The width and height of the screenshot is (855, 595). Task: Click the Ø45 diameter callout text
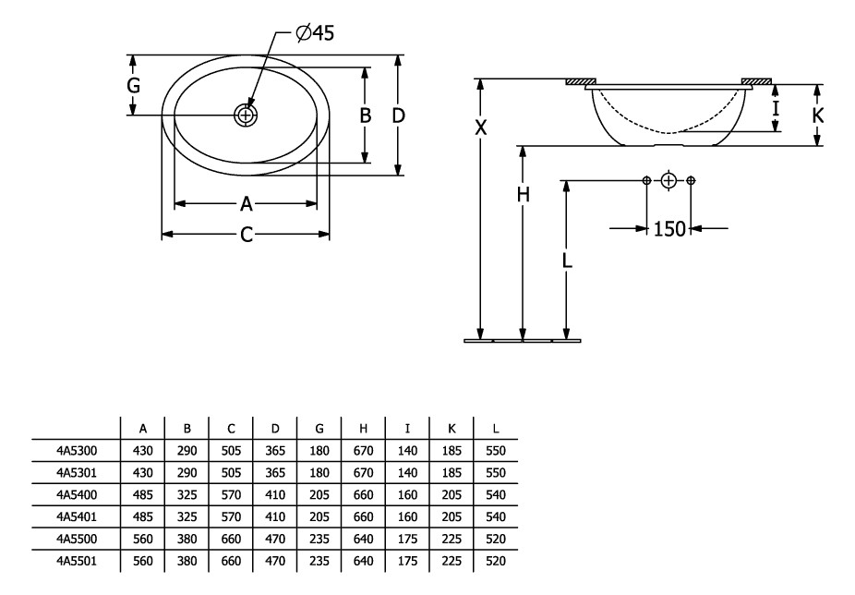pyautogui.click(x=315, y=33)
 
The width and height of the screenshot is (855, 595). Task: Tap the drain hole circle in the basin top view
pyautogui.click(x=247, y=115)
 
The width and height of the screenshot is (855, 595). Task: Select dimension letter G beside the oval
pyautogui.click(x=134, y=86)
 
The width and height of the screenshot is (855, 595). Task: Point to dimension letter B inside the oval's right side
pyautogui.click(x=366, y=115)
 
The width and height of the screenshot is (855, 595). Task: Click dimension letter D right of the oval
pyautogui.click(x=398, y=115)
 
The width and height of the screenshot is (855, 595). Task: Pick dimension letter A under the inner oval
pyautogui.click(x=247, y=203)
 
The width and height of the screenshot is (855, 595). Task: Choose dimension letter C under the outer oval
pyautogui.click(x=247, y=235)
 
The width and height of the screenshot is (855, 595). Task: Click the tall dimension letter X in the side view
pyautogui.click(x=480, y=127)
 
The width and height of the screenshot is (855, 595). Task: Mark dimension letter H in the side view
pyautogui.click(x=524, y=194)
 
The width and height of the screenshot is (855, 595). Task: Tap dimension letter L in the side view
pyautogui.click(x=567, y=261)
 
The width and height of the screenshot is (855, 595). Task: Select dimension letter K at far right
pyautogui.click(x=818, y=115)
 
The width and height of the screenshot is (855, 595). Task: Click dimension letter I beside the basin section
pyautogui.click(x=776, y=108)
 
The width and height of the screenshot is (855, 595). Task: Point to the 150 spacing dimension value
pyautogui.click(x=669, y=228)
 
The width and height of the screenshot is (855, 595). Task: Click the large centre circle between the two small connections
pyautogui.click(x=669, y=179)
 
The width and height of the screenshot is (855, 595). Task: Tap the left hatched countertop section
pyautogui.click(x=582, y=82)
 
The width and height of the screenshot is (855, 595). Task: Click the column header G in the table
pyautogui.click(x=319, y=428)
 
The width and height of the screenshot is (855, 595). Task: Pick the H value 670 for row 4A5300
pyautogui.click(x=364, y=450)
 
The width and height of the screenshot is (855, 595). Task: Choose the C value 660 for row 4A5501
pyautogui.click(x=231, y=561)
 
